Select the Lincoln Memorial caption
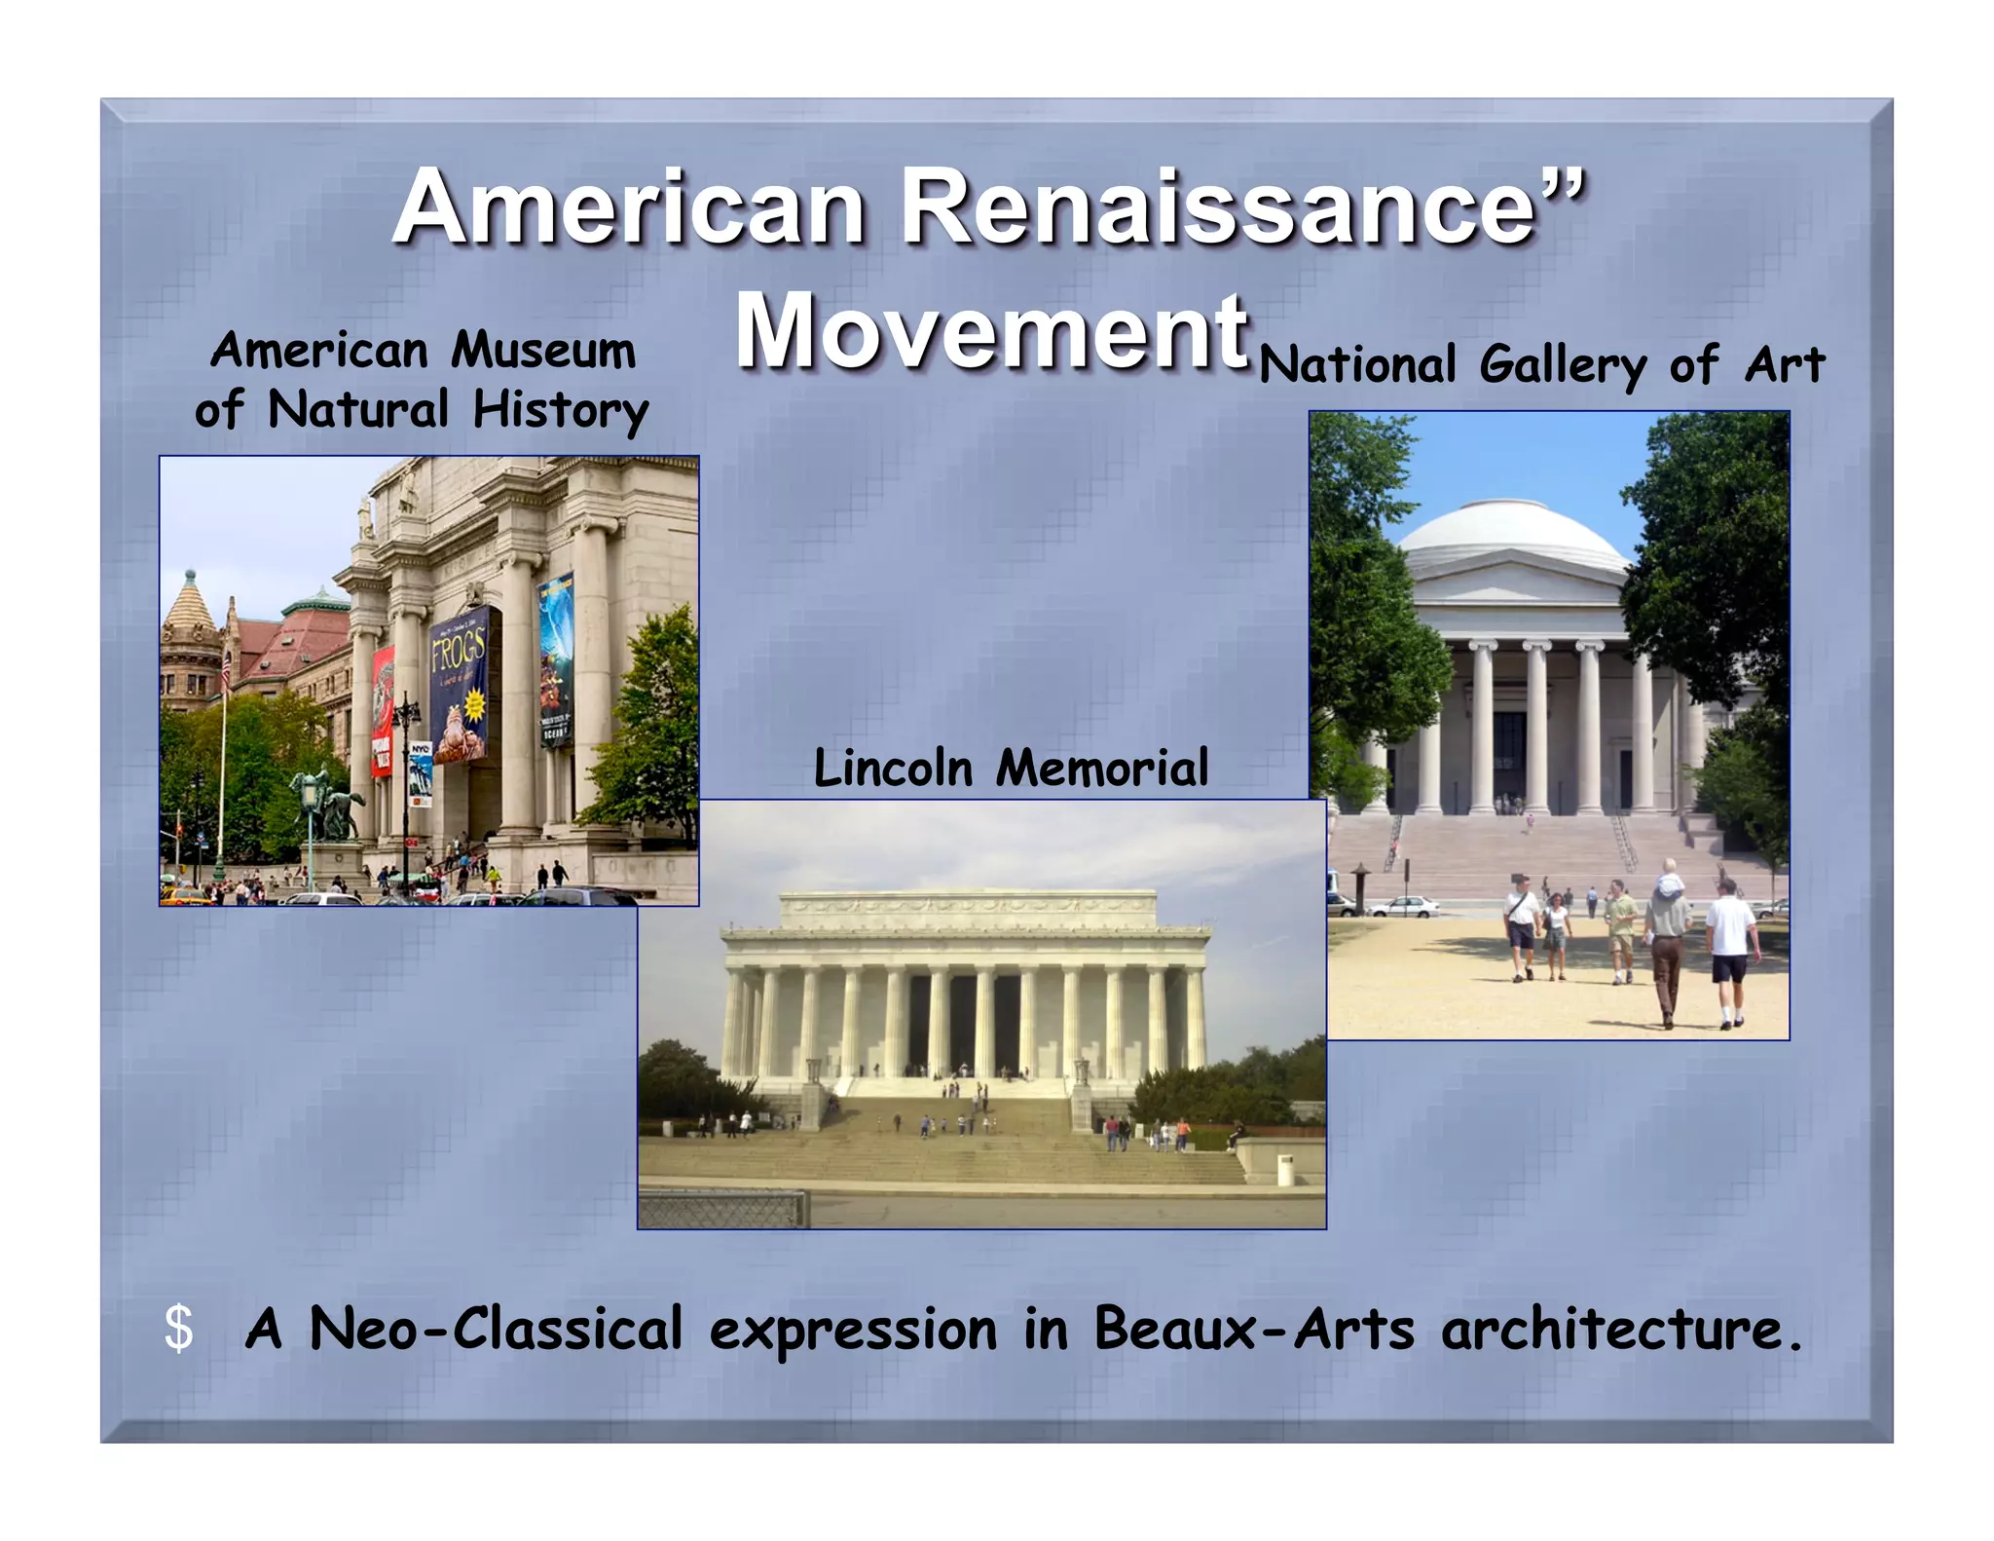1011,768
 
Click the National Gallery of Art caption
1541,365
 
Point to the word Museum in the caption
542,351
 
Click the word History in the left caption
561,410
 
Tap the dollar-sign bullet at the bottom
179,1329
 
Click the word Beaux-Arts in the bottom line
1254,1329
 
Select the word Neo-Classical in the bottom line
496,1329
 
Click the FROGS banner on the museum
459,682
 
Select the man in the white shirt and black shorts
1729,950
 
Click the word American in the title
629,207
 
